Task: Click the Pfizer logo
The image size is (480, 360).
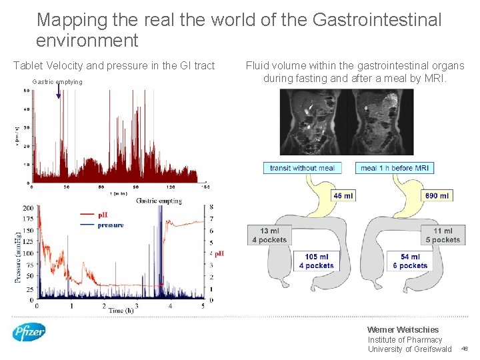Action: click(x=29, y=331)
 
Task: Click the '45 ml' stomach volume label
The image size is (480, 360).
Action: click(x=343, y=195)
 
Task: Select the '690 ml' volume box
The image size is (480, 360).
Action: click(x=436, y=195)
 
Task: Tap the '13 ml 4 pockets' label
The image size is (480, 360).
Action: click(x=269, y=235)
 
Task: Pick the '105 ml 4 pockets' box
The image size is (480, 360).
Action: click(x=316, y=261)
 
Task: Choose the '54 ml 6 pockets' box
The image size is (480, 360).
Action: click(x=409, y=261)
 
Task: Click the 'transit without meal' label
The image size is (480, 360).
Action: click(x=302, y=168)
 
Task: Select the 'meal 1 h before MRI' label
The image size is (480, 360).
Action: click(x=394, y=168)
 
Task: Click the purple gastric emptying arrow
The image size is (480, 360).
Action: click(x=59, y=91)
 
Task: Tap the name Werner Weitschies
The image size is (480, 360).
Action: click(x=403, y=329)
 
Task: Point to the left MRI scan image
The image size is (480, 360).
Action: click(x=315, y=122)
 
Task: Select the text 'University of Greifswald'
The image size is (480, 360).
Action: click(x=409, y=349)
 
